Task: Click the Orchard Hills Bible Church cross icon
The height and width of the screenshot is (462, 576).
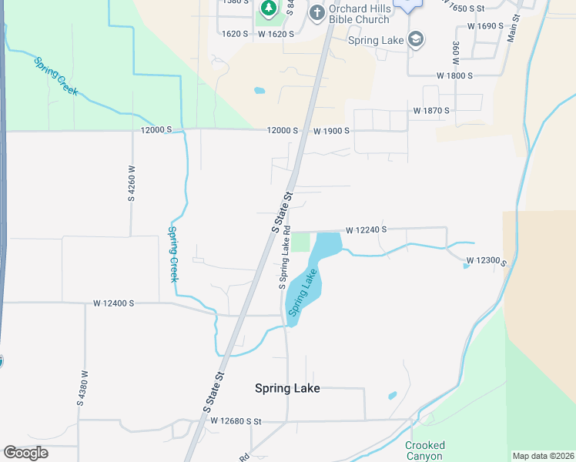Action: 316,12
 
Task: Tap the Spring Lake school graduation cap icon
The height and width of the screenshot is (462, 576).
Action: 416,40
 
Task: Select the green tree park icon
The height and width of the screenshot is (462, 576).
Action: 268,9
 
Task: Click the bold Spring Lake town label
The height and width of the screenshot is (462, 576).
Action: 287,389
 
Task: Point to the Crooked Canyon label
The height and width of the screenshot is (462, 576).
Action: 425,450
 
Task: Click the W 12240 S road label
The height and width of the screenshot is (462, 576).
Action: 366,229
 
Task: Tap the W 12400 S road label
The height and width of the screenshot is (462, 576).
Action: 114,303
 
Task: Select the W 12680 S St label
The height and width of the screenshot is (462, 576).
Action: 236,421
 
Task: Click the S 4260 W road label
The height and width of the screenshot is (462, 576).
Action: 132,183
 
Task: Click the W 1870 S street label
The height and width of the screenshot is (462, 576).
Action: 430,111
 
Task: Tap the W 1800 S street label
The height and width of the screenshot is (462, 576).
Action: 454,75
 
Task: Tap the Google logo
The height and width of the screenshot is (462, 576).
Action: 25,453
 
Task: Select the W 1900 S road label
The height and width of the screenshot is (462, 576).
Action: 331,131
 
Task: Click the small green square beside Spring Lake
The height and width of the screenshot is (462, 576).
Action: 301,242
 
